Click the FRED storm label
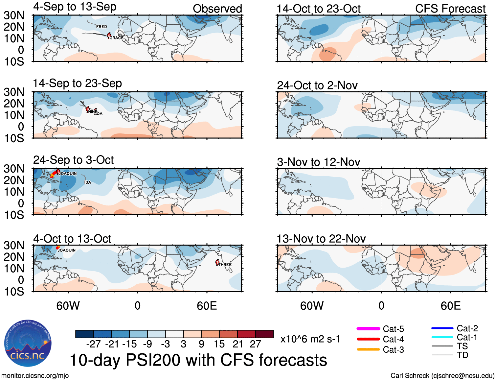click(101, 27)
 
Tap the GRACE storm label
click(117, 38)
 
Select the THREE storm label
click(225, 265)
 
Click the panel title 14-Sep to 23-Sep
click(77, 83)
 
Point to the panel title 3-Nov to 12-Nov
click(318, 162)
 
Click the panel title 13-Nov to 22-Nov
click(321, 239)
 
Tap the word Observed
click(217, 9)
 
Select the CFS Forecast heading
click(450, 9)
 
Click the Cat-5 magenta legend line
click(368, 329)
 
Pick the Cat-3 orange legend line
click(368, 349)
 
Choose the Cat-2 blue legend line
click(442, 328)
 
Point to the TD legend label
click(462, 355)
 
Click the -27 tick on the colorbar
click(93, 344)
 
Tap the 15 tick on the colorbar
click(219, 344)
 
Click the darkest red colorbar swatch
click(264, 334)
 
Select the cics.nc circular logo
click(28, 344)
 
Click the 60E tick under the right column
click(450, 306)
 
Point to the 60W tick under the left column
click(68, 306)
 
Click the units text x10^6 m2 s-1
click(310, 339)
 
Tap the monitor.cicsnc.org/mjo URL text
click(35, 376)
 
